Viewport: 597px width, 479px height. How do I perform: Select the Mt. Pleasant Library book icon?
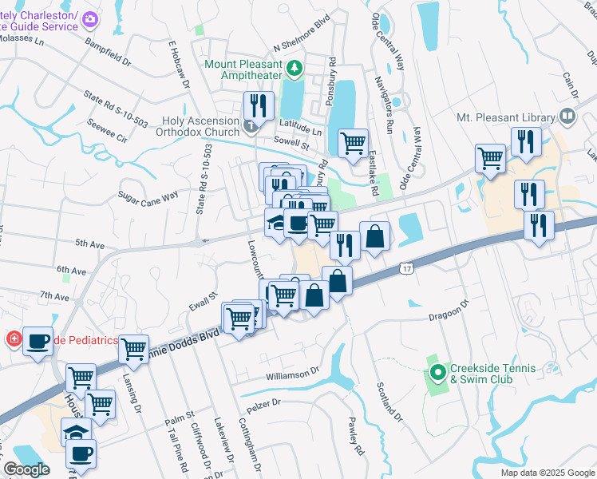pyautogui.click(x=567, y=117)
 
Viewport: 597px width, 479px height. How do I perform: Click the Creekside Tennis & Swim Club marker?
pyautogui.click(x=437, y=372)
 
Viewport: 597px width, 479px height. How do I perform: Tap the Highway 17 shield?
pyautogui.click(x=406, y=270)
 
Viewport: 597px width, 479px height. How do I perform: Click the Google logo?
pyautogui.click(x=26, y=469)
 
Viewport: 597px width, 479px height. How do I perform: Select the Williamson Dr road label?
pyautogui.click(x=292, y=372)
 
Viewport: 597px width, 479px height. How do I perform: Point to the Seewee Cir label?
pyautogui.click(x=111, y=138)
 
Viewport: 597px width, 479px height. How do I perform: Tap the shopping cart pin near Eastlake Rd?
pyautogui.click(x=353, y=144)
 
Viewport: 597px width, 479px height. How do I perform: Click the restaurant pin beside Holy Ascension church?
pyautogui.click(x=259, y=105)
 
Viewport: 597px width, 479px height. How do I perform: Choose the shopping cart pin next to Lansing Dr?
pyautogui.click(x=133, y=349)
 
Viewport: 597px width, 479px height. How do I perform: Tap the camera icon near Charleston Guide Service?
pyautogui.click(x=91, y=18)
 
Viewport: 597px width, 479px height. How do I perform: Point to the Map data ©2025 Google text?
pyautogui.click(x=547, y=473)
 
